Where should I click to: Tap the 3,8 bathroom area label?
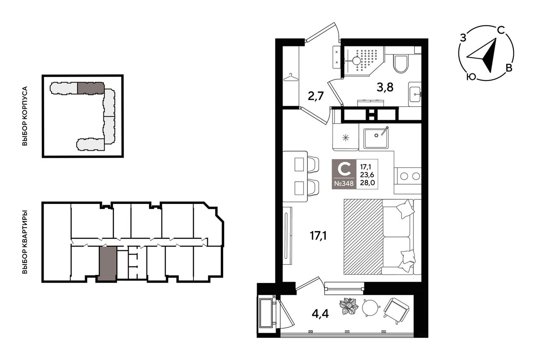click(385, 87)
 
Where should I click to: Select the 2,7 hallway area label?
click(316, 96)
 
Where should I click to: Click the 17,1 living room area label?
click(318, 236)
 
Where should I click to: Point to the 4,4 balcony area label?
click(320, 314)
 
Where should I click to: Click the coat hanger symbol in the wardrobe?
click(291, 77)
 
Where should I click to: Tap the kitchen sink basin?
click(376, 138)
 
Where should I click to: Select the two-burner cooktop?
click(408, 176)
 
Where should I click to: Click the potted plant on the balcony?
click(349, 306)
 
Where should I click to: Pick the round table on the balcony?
click(371, 308)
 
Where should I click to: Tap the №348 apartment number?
click(344, 184)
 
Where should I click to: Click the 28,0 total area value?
click(367, 183)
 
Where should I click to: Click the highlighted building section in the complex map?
click(91, 88)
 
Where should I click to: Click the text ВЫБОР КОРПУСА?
click(25, 116)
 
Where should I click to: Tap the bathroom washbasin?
click(415, 94)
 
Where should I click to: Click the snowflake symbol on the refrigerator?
click(345, 138)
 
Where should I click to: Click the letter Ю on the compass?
click(471, 77)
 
